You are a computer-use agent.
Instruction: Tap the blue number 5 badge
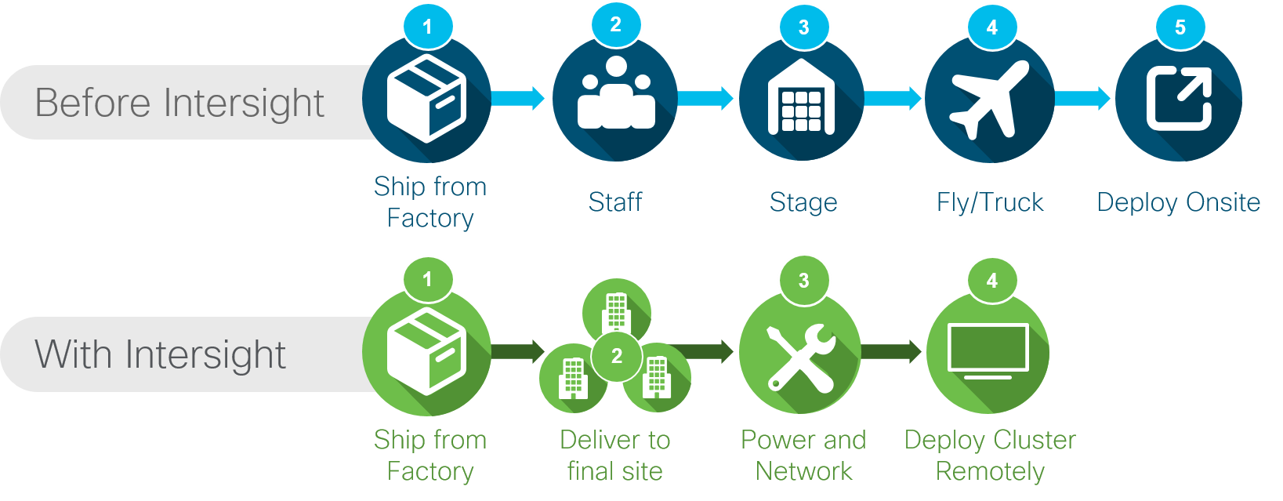point(1180,27)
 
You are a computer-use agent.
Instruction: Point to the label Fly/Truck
point(990,202)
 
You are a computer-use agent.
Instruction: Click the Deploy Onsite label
point(1178,202)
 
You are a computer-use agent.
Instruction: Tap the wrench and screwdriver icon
point(802,356)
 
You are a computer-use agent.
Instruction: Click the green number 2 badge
point(616,356)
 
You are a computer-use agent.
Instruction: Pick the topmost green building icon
point(616,312)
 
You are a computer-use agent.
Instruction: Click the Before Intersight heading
point(179,103)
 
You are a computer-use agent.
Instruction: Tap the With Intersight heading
point(161,354)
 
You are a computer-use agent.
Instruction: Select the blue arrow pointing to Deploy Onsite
point(1082,98)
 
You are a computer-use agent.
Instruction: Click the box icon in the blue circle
point(426,98)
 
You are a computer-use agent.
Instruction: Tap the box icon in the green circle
point(426,350)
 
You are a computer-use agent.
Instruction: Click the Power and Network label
point(803,455)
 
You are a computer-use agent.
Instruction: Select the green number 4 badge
point(991,281)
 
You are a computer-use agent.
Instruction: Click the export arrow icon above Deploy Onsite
point(1179,99)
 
